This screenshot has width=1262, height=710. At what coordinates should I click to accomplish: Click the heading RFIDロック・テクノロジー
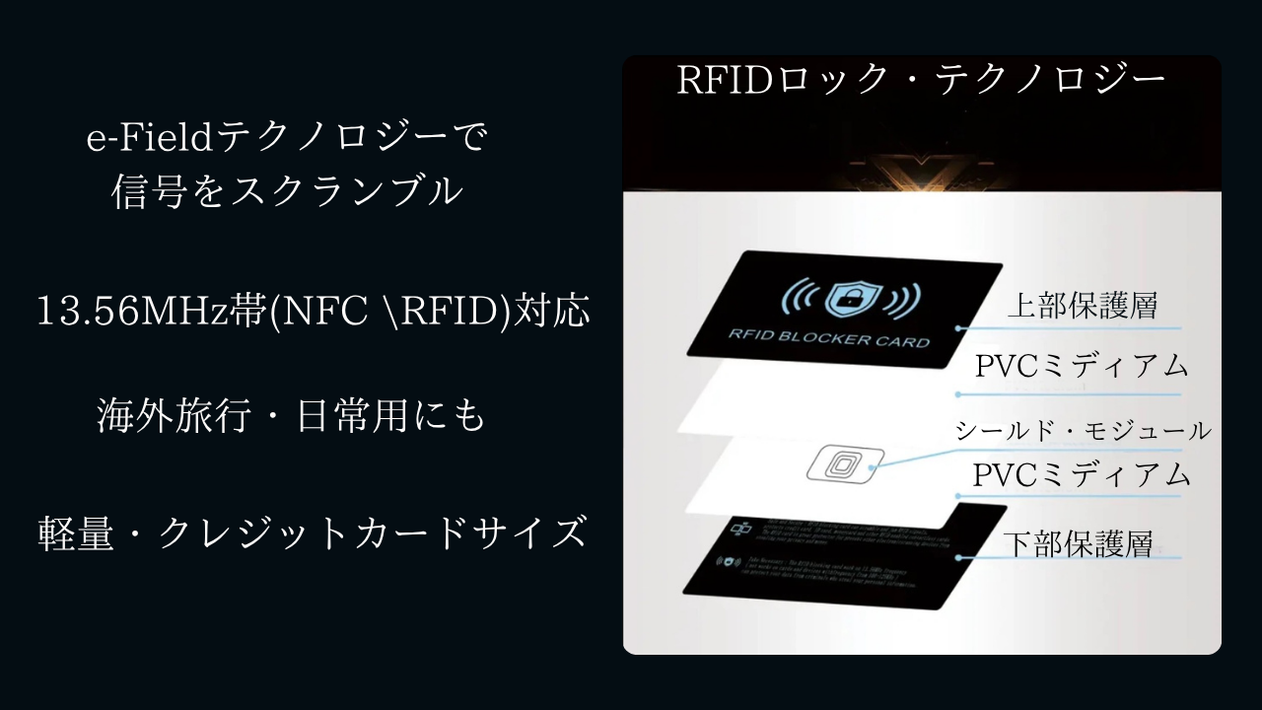coord(921,81)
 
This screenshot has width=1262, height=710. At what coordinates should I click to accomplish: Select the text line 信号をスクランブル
coord(287,191)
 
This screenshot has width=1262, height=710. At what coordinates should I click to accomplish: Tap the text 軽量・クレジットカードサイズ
coord(312,533)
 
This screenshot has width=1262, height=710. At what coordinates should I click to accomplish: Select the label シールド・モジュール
coord(1082,431)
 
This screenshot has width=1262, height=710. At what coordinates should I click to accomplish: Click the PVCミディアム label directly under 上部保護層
coord(1082,366)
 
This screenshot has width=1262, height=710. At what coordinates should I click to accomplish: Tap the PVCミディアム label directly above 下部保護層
coord(1082,475)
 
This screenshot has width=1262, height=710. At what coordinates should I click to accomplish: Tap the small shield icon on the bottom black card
coord(730,562)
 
